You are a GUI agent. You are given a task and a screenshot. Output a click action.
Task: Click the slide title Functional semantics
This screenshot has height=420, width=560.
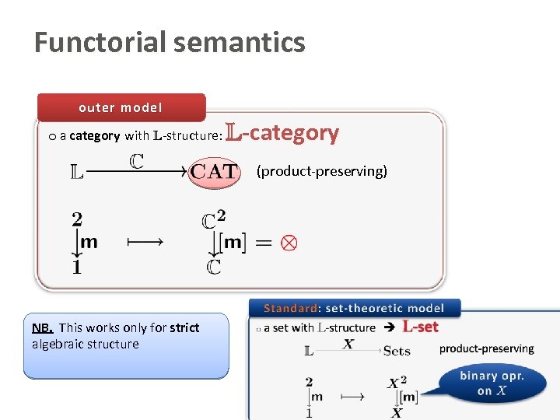coord(170,42)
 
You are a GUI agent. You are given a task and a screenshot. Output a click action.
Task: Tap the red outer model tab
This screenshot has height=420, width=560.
coord(121,107)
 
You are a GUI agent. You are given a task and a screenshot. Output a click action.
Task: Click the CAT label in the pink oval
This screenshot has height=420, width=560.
coord(213,172)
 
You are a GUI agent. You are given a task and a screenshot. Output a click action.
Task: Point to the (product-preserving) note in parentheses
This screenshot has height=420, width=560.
coord(321,171)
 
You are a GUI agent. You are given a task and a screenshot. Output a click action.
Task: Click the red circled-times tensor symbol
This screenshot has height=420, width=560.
coord(288,243)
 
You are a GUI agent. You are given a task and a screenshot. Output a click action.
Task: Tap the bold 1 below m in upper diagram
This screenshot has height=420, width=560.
coord(77,267)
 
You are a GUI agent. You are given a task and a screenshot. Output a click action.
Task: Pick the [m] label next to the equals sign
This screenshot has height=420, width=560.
coord(233,243)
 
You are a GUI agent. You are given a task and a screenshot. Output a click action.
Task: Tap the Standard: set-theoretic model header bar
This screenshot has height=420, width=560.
coord(354,309)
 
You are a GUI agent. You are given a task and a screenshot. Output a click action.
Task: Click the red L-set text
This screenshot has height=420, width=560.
coord(420,327)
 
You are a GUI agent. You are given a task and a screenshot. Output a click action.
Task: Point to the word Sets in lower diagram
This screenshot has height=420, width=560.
coord(397,351)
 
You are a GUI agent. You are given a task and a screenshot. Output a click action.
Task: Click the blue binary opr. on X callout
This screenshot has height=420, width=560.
coord(492,383)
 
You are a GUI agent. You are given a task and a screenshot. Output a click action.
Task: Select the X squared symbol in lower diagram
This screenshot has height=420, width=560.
coord(398,382)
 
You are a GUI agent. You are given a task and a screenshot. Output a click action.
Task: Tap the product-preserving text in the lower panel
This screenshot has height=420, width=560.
coord(486,348)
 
